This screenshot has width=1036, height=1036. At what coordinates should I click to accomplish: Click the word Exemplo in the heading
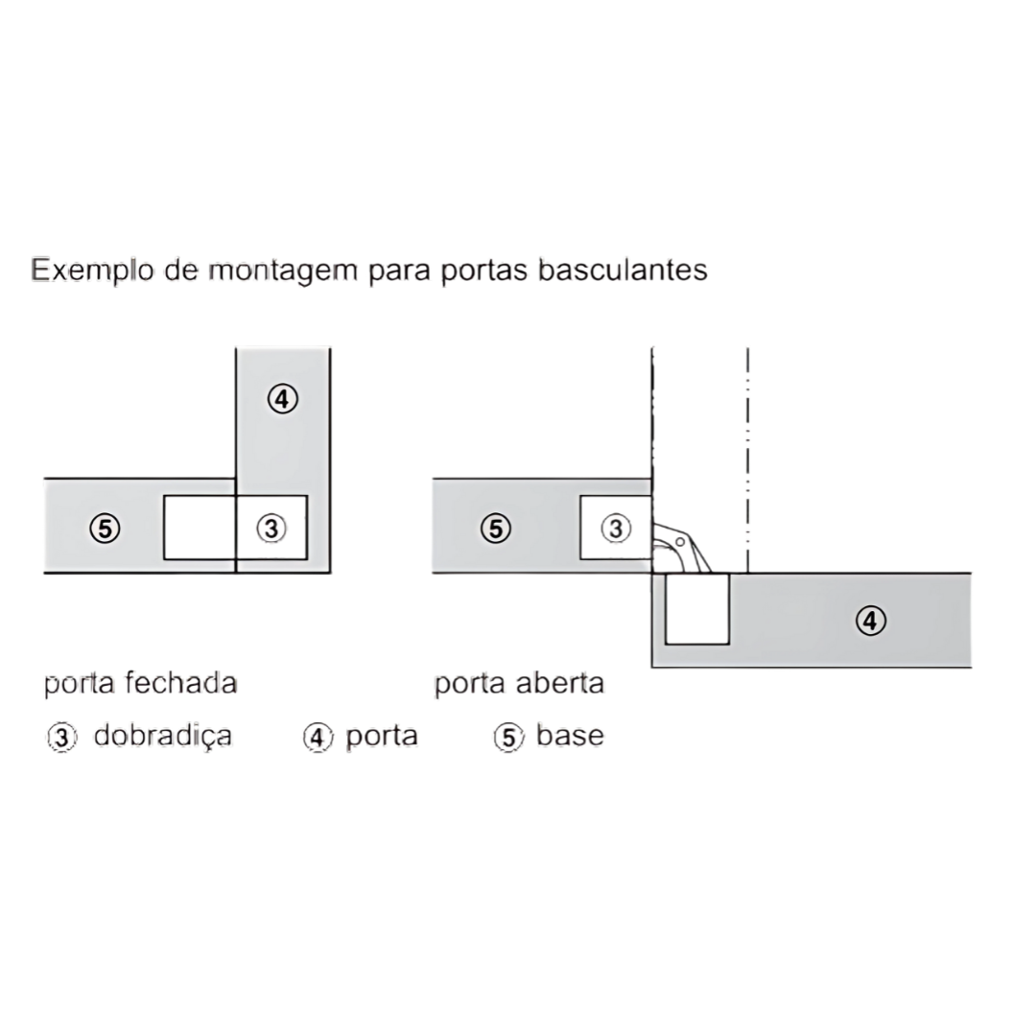pyautogui.click(x=92, y=271)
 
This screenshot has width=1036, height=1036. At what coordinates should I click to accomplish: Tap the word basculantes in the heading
pyautogui.click(x=623, y=270)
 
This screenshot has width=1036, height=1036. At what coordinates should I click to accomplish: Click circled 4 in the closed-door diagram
pyautogui.click(x=283, y=399)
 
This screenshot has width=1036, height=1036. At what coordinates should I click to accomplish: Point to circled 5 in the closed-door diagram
pyautogui.click(x=106, y=529)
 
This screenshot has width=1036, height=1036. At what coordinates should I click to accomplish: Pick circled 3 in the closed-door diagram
pyautogui.click(x=271, y=529)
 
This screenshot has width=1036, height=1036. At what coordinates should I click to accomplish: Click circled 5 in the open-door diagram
pyautogui.click(x=496, y=529)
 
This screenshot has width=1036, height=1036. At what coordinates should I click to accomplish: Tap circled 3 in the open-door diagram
pyautogui.click(x=616, y=529)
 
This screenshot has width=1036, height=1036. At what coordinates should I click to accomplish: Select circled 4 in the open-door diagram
pyautogui.click(x=871, y=621)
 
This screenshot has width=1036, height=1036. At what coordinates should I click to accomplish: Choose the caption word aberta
pyautogui.click(x=560, y=683)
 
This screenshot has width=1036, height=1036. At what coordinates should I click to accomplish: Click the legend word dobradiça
pyautogui.click(x=162, y=737)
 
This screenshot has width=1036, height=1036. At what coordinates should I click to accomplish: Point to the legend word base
pyautogui.click(x=570, y=736)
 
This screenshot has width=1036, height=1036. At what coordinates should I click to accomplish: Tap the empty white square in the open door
pyautogui.click(x=697, y=608)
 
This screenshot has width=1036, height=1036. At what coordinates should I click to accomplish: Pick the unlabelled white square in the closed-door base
pyautogui.click(x=200, y=528)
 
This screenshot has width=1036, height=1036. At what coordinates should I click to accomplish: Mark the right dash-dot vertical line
pyautogui.click(x=748, y=460)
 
